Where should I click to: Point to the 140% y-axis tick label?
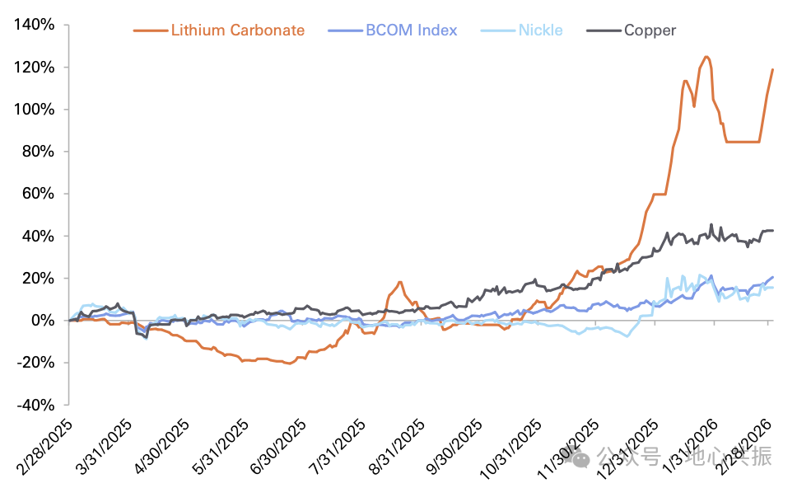click(35, 25)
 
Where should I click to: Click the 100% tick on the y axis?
click(35, 110)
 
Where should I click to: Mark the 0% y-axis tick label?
click(43, 321)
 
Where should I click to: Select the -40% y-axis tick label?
click(35, 405)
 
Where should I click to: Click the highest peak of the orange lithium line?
click(706, 57)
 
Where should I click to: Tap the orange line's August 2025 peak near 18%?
click(400, 282)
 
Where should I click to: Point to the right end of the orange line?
click(772, 69)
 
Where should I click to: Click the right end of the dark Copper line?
click(772, 230)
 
